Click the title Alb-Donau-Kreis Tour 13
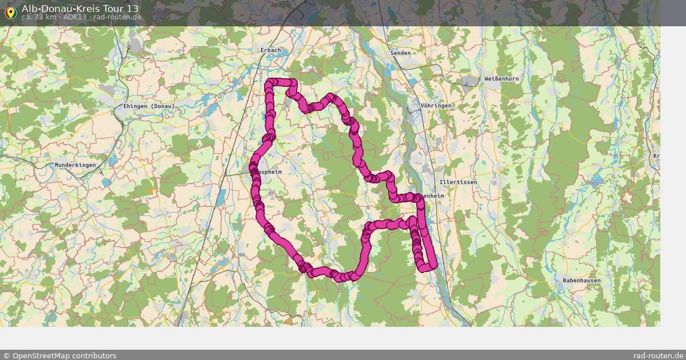80,9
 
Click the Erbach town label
271,50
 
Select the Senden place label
400,53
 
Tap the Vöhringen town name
436,106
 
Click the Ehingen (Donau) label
149,106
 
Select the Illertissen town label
458,182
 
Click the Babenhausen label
581,281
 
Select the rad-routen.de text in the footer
658,355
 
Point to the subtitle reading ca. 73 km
38,17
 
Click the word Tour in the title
111,9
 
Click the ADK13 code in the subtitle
75,17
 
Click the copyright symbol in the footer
6,355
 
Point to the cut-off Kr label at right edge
656,156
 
